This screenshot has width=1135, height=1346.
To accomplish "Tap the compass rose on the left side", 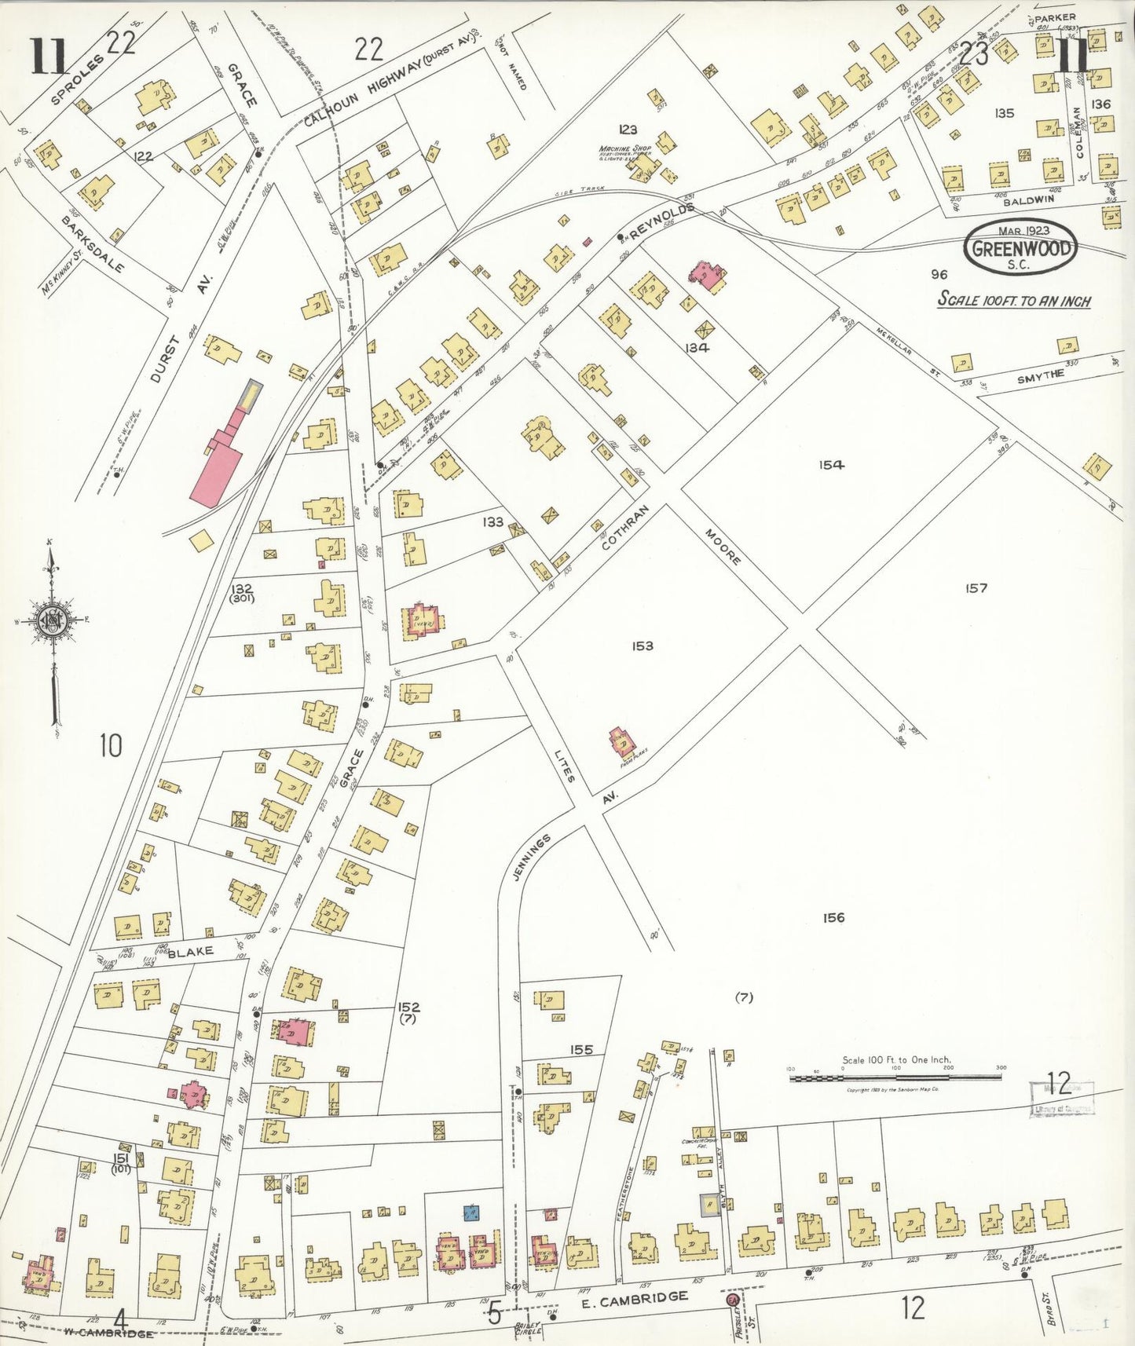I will pyautogui.click(x=53, y=620).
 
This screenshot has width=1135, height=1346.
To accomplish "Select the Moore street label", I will pyautogui.click(x=723, y=547).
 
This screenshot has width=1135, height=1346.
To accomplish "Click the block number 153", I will pyautogui.click(x=642, y=646).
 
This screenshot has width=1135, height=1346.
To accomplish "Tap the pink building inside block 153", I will pyautogui.click(x=622, y=741).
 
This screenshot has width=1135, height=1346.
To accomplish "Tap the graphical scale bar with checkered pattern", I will pyautogui.click(x=895, y=1077).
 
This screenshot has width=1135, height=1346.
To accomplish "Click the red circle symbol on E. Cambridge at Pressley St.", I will pyautogui.click(x=732, y=1300).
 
